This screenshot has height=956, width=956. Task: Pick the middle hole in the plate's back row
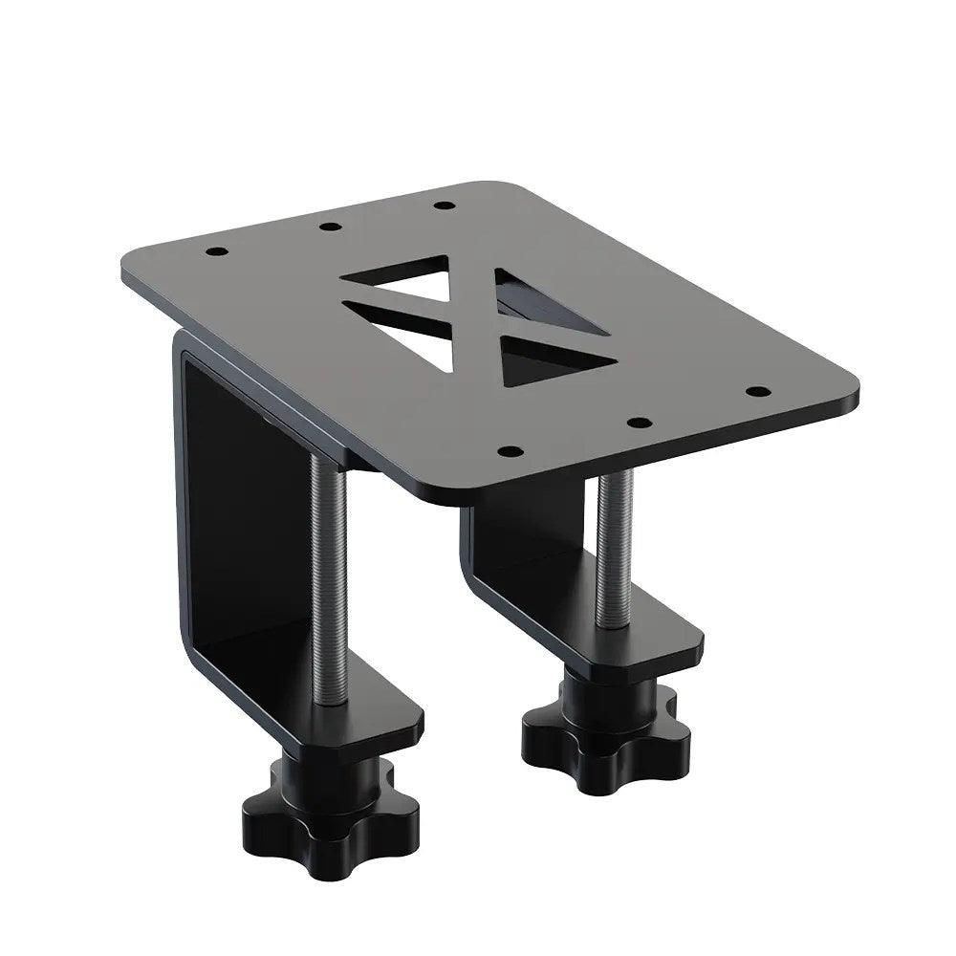pyautogui.click(x=329, y=228)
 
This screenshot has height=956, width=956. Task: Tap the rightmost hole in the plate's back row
pyautogui.click(x=442, y=204)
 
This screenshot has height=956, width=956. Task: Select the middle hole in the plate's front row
pyautogui.click(x=640, y=422)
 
